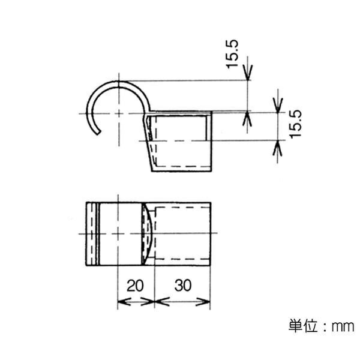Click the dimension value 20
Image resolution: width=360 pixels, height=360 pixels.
click(135, 286)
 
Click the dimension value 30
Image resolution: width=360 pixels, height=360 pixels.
click(183, 286)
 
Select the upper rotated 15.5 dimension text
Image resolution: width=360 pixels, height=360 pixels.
click(232, 54)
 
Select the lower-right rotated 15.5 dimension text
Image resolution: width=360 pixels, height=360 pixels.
click(295, 124)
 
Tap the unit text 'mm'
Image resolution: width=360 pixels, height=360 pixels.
click(343, 326)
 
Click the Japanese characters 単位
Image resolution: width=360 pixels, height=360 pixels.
click(303, 325)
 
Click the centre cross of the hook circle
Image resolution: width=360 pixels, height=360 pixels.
click(119, 113)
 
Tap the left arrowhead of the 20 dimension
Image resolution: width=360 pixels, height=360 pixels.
click(124, 301)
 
